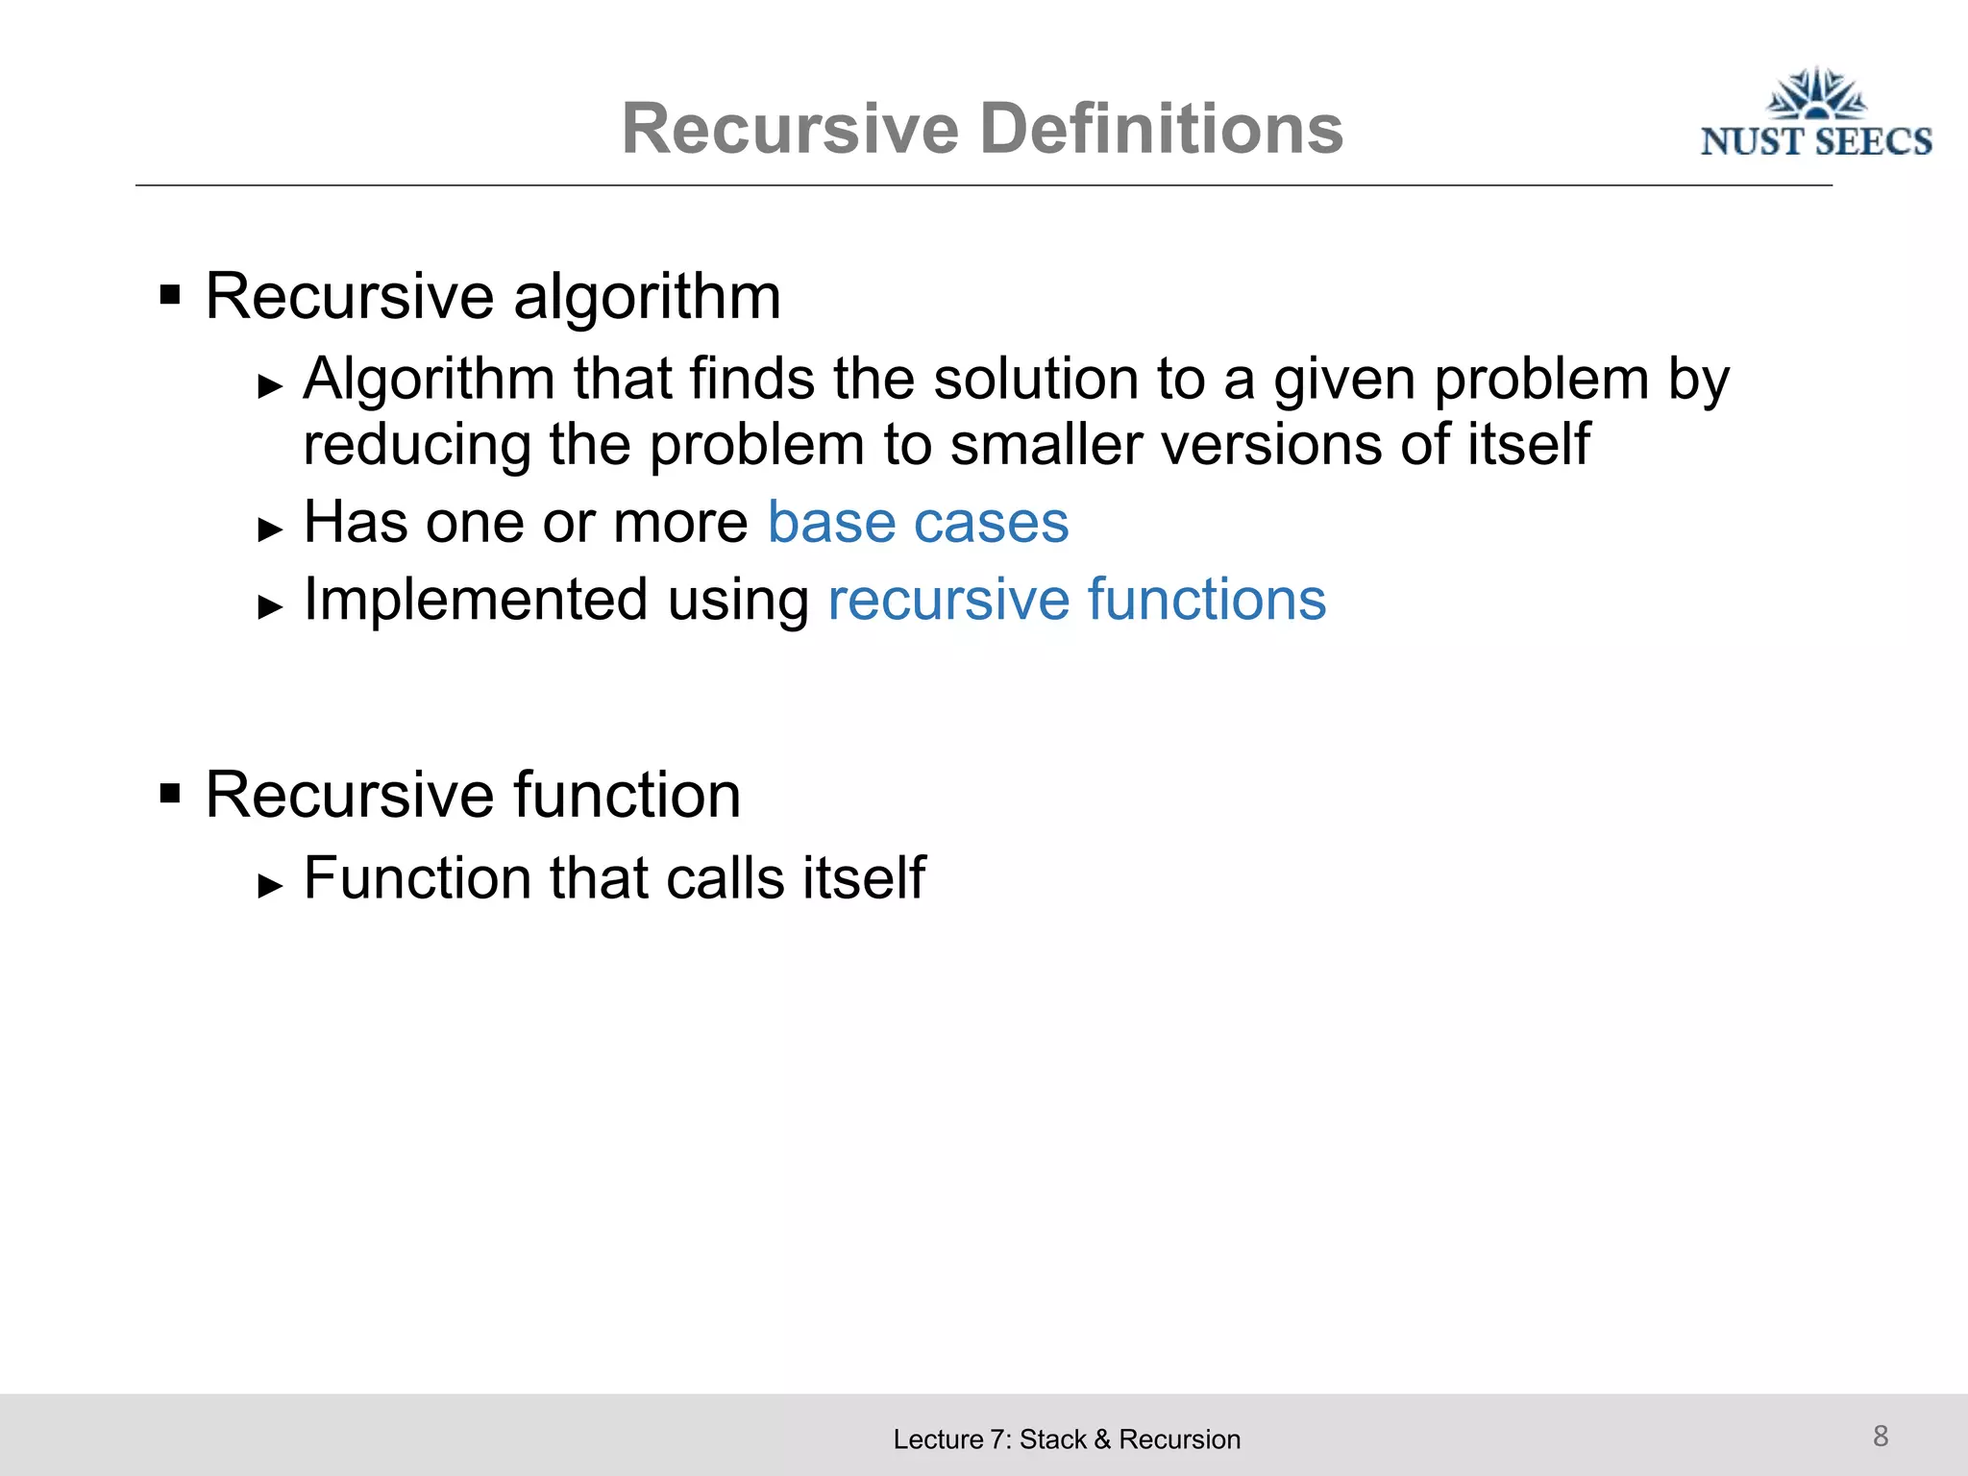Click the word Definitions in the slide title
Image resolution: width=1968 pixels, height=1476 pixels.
[x=1161, y=129]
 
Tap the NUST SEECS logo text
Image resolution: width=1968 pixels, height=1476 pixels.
[x=1815, y=142]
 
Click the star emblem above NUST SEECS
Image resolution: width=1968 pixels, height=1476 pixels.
[x=1816, y=94]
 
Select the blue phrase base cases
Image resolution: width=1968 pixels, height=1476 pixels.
[x=918, y=523]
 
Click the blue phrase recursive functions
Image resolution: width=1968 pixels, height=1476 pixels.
[x=1076, y=601]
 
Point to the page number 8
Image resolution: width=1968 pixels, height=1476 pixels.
[x=1881, y=1436]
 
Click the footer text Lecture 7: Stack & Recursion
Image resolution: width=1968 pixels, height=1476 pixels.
[x=1067, y=1439]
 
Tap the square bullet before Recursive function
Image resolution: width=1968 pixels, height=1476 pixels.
[x=170, y=794]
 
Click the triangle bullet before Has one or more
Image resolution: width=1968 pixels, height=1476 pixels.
[x=271, y=529]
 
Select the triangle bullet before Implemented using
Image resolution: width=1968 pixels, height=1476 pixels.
[x=271, y=606]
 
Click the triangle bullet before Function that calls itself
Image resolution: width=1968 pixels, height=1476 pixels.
[x=271, y=885]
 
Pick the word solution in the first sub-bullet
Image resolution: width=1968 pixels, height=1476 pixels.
[x=1036, y=379]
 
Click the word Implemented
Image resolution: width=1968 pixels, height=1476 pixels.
[x=476, y=601]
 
